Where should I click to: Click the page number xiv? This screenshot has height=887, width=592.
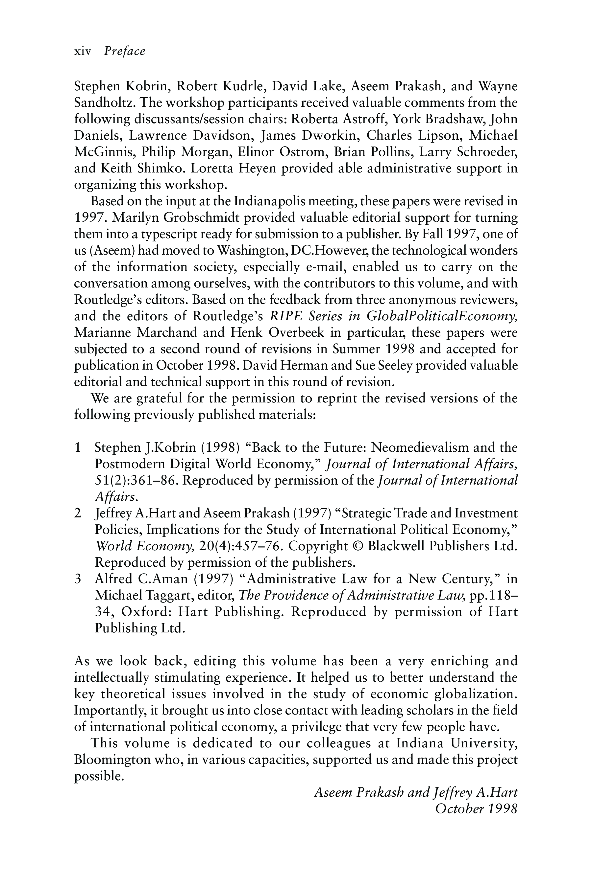(83, 51)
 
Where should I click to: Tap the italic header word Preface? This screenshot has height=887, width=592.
(125, 51)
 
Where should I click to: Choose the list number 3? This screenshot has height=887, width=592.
(78, 579)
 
